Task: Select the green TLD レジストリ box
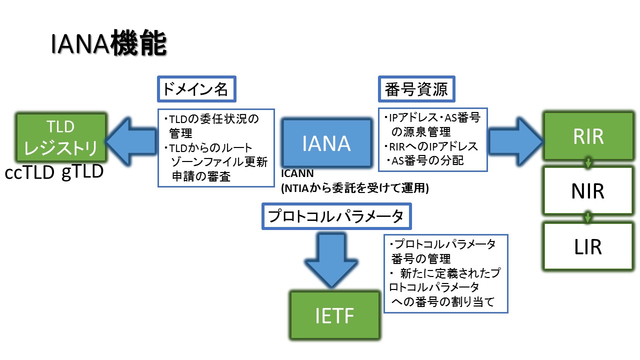pyautogui.click(x=61, y=136)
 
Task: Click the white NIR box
pyautogui.click(x=588, y=190)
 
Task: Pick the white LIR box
pyautogui.click(x=588, y=246)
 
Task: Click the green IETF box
pyautogui.click(x=334, y=314)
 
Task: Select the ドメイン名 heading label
pyautogui.click(x=196, y=89)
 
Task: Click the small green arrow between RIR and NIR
pyautogui.click(x=588, y=162)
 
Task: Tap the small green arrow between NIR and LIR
pyautogui.click(x=588, y=218)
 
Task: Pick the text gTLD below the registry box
pyautogui.click(x=82, y=172)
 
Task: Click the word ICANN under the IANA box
pyautogui.click(x=297, y=173)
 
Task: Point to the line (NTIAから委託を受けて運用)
pyautogui.click(x=355, y=188)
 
